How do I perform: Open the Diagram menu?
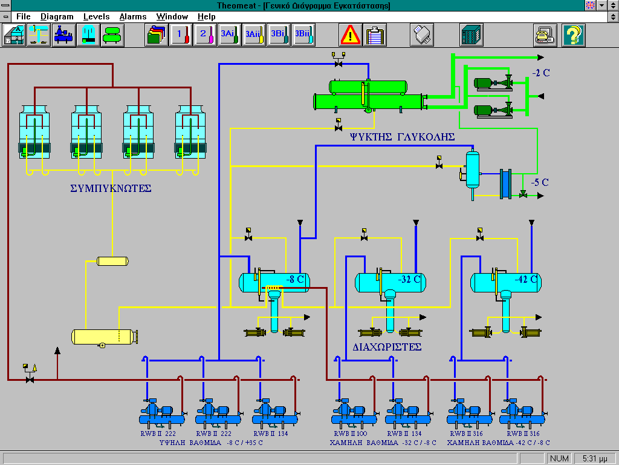click(x=57, y=16)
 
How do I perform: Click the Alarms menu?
click(x=132, y=16)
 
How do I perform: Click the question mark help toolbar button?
click(x=574, y=35)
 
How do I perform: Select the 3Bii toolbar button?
click(x=303, y=35)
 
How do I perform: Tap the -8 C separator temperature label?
click(x=296, y=280)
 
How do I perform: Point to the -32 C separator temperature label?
click(x=410, y=280)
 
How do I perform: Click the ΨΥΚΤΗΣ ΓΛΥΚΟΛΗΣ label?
click(x=401, y=137)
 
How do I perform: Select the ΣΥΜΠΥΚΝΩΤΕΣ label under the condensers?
click(x=111, y=188)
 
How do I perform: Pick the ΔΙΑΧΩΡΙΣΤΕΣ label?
click(x=387, y=348)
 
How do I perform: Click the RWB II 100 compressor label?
click(x=350, y=434)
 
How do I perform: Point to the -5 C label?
click(x=540, y=182)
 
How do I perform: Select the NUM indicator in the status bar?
click(x=559, y=458)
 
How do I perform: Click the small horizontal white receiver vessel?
click(x=113, y=261)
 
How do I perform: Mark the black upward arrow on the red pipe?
click(x=57, y=352)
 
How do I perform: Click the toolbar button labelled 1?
click(x=180, y=35)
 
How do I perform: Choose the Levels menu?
click(x=97, y=16)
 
